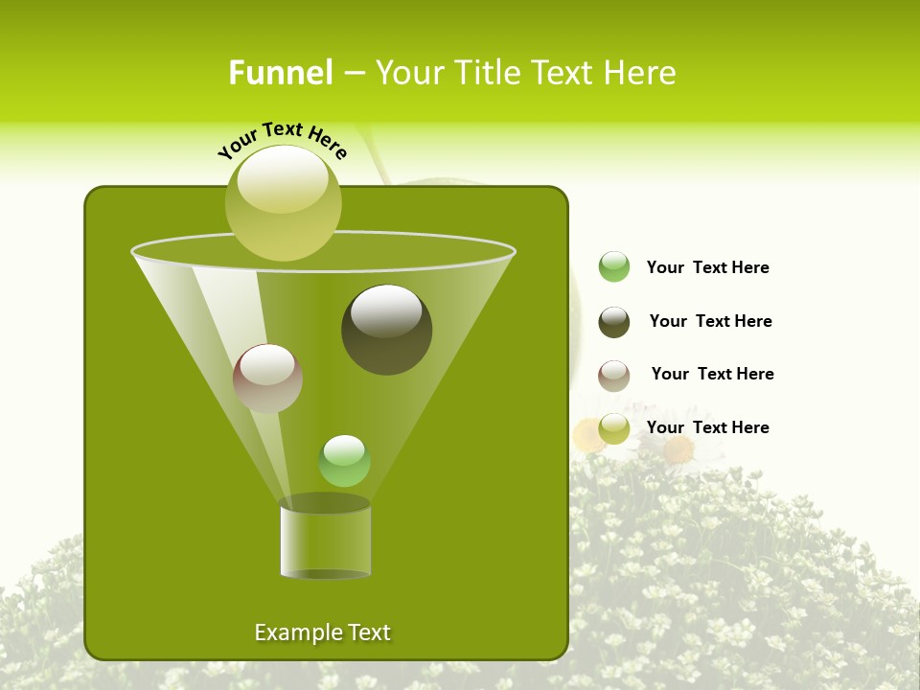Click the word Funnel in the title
coord(281,73)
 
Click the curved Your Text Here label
coord(283,138)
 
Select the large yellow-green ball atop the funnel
coord(284,203)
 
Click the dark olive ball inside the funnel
coord(387,331)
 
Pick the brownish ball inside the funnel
coord(267,379)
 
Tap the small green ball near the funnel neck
coord(344,461)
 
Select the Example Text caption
coord(322,632)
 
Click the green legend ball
coord(614,267)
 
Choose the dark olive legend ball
coord(614,322)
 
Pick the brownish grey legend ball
coord(614,376)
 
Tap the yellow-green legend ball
coord(614,429)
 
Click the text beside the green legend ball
coord(707,267)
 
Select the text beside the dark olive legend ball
coord(710,321)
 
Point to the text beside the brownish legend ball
coord(712,374)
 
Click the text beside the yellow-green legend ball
coord(707,427)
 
